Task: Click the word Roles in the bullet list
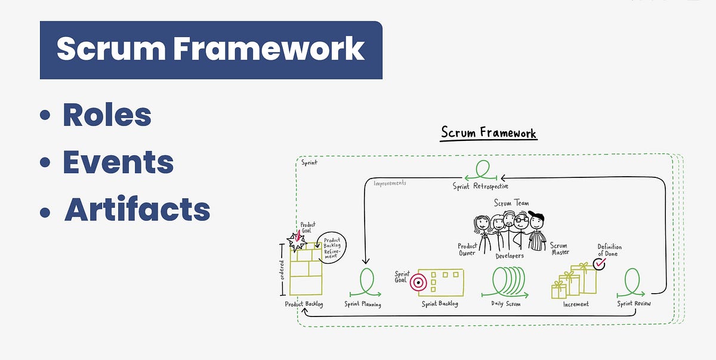(x=107, y=115)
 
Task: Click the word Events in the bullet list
(x=118, y=162)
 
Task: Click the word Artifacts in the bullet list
(x=137, y=209)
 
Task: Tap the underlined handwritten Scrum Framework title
(x=489, y=132)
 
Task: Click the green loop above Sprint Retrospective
(x=482, y=170)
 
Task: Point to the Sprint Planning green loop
(x=365, y=282)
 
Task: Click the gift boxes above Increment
(x=573, y=281)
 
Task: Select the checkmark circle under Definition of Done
(x=598, y=263)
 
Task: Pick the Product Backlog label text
(x=304, y=304)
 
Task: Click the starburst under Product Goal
(x=297, y=241)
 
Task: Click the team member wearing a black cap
(x=536, y=230)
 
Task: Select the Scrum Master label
(x=558, y=249)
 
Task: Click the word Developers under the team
(x=509, y=256)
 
